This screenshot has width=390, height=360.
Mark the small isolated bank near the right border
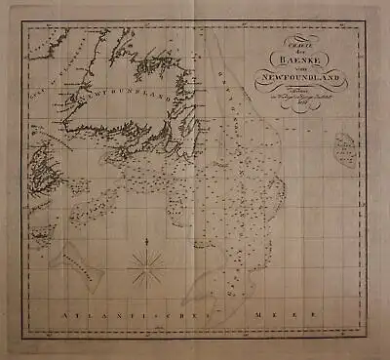tap(343, 150)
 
